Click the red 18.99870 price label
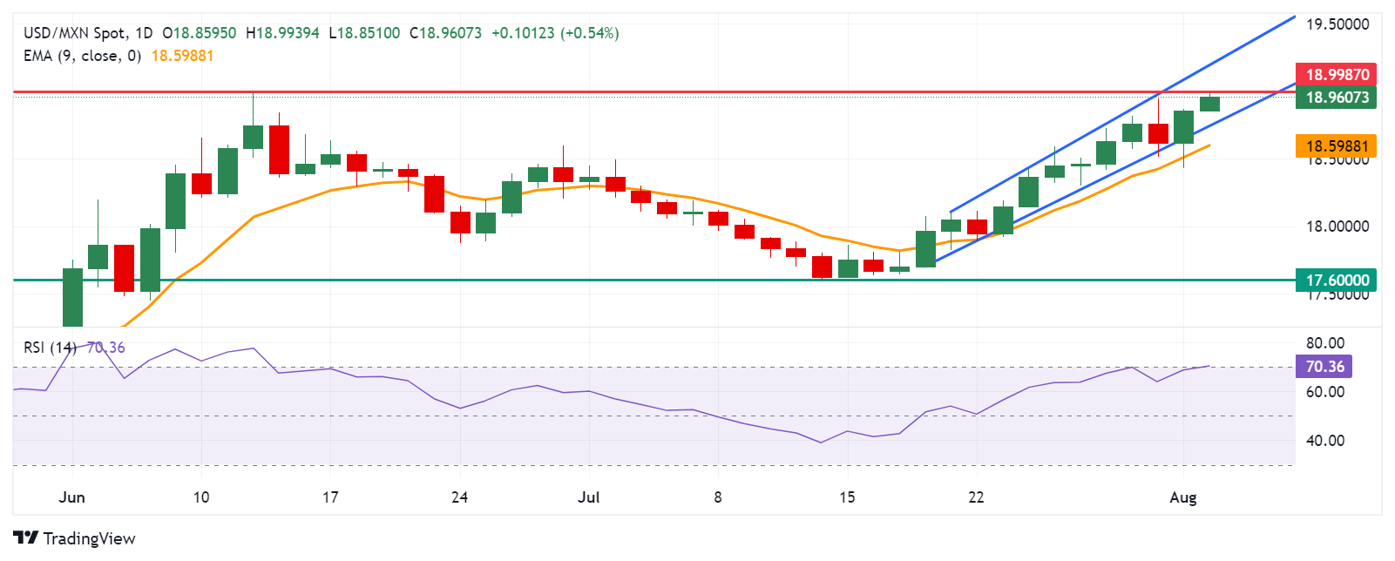point(1336,75)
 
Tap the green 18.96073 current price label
point(1336,98)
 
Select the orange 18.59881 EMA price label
point(1336,146)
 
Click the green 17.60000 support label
point(1336,280)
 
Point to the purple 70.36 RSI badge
point(1324,367)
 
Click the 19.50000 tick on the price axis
point(1337,24)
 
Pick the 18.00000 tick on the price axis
point(1337,226)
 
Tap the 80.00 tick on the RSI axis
point(1324,343)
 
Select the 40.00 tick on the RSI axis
point(1324,441)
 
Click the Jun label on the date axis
point(71,497)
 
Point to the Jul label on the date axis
point(589,497)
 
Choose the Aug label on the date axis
point(1182,497)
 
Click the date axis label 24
point(459,497)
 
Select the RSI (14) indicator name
point(50,348)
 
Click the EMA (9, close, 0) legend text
point(82,56)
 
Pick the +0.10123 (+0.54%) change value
point(555,33)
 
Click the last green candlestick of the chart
point(1209,104)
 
